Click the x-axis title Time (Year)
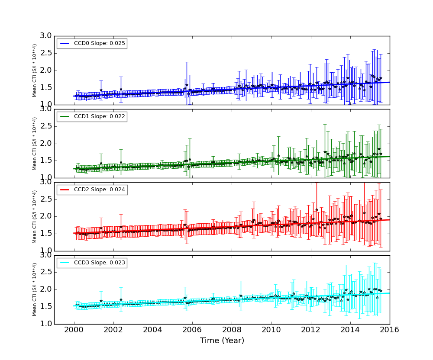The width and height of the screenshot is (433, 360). coord(222,341)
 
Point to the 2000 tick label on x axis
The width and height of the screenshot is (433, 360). coord(74,330)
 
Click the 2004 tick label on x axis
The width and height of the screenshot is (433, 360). coord(153,330)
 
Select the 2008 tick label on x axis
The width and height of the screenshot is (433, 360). coord(232,330)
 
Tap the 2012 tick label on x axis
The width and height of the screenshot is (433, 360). coord(310,330)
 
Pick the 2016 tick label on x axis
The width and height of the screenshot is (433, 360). coord(389,330)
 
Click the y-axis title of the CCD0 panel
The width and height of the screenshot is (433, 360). coord(35,71)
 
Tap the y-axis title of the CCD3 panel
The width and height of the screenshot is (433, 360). coord(35,289)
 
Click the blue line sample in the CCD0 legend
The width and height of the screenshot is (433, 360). coord(65,44)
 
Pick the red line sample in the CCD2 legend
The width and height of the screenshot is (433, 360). coord(65,190)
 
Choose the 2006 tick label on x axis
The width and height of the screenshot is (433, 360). coord(192,330)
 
